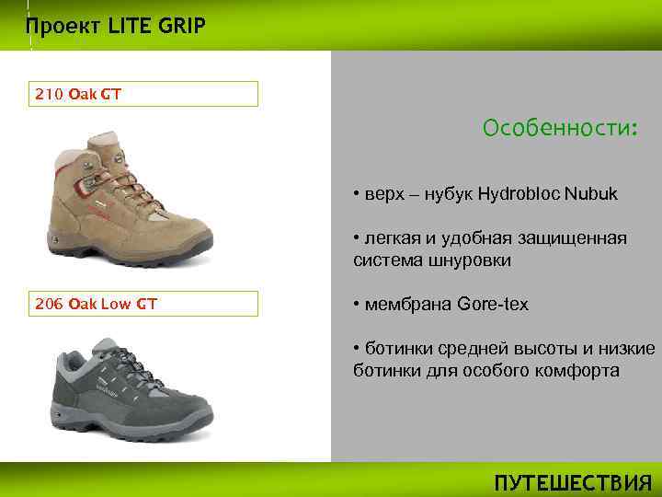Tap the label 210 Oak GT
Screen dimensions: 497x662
click(x=78, y=94)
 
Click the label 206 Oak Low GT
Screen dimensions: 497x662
click(x=96, y=304)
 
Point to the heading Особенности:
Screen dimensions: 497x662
click(x=559, y=128)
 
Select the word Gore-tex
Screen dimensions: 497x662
click(x=493, y=304)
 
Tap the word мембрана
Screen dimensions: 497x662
click(x=407, y=304)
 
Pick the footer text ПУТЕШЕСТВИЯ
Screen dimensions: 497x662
click(x=573, y=483)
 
